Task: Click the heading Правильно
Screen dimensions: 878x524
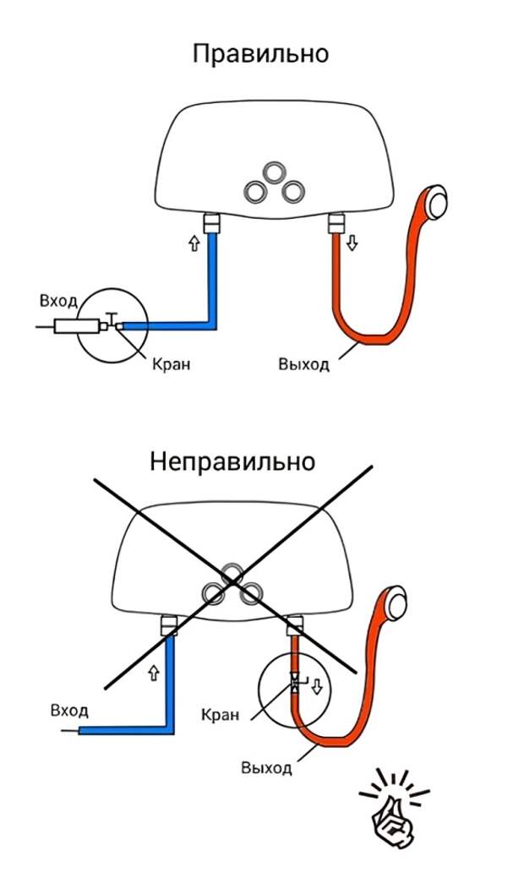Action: [260, 54]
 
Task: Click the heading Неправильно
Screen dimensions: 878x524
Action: [232, 462]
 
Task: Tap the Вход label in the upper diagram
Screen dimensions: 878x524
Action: [58, 301]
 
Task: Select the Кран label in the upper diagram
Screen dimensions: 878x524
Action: [172, 365]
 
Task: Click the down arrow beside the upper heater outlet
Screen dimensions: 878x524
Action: [352, 243]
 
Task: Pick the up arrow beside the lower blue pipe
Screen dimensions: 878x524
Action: [153, 673]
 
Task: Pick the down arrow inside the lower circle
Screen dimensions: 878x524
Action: [317, 684]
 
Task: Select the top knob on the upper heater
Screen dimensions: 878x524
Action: [274, 172]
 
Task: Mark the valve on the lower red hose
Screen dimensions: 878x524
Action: [294, 683]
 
